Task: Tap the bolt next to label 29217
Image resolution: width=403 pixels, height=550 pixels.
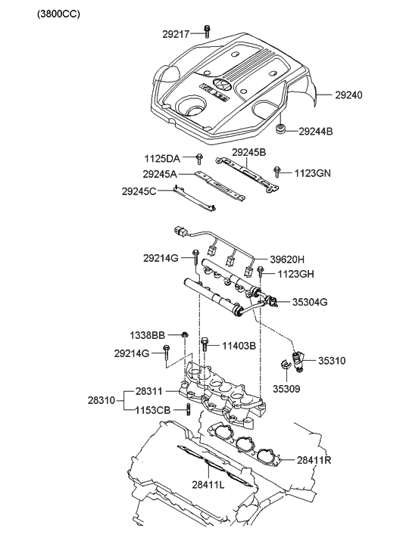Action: [x=206, y=31]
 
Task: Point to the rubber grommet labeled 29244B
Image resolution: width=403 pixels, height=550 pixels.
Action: [x=282, y=130]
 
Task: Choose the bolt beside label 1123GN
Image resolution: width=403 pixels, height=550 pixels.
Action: [x=278, y=173]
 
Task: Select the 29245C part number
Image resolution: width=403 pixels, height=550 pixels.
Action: [x=139, y=191]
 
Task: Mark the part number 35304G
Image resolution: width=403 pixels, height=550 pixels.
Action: [x=311, y=302]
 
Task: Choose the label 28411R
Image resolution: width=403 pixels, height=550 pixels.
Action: [x=314, y=458]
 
